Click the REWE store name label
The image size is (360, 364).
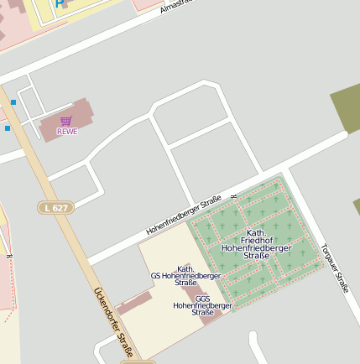[x=67, y=132]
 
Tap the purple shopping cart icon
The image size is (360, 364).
[x=66, y=121]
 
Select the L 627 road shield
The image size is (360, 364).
[x=55, y=206]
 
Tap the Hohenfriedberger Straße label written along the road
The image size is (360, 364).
[x=183, y=214]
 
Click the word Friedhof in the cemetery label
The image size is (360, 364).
[x=257, y=240]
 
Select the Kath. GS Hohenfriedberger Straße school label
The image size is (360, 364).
[x=185, y=276]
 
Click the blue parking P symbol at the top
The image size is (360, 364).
[x=59, y=3]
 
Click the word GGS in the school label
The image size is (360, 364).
[x=202, y=299]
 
